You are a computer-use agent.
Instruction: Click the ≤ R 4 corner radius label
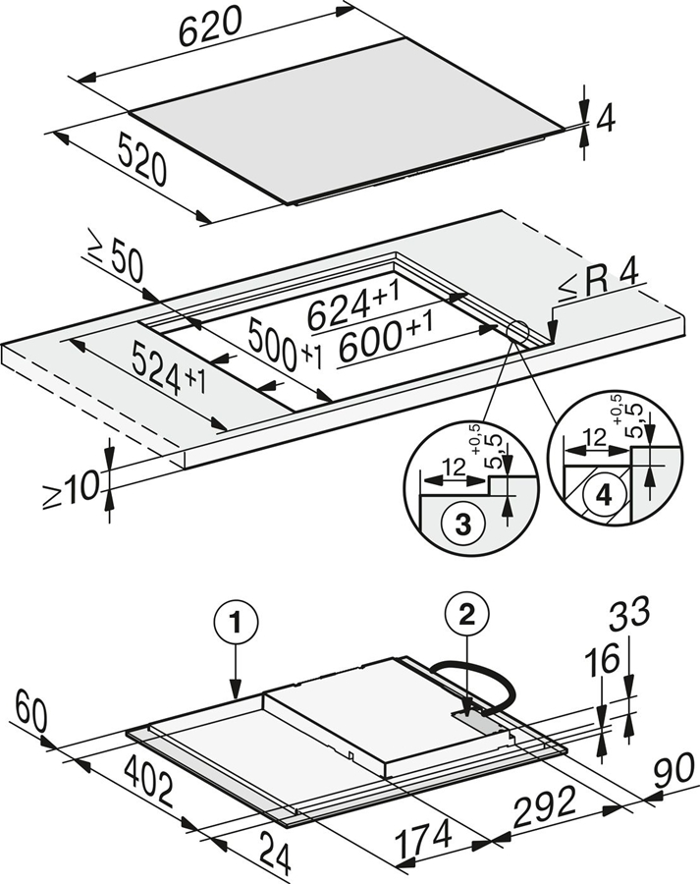coord(597,285)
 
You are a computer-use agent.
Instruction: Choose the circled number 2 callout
coord(464,614)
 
